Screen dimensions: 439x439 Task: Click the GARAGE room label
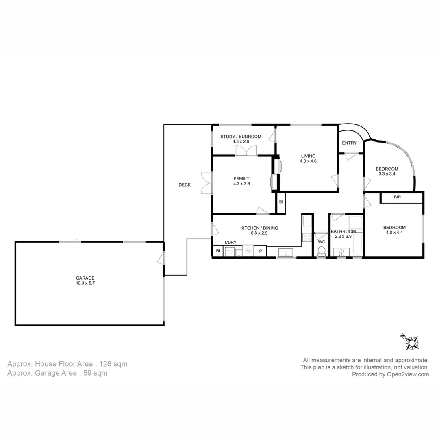[x=85, y=278]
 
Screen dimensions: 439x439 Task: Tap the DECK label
[x=185, y=185]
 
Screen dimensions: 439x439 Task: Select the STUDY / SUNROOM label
[x=241, y=137]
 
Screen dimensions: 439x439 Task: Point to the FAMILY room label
[x=241, y=178]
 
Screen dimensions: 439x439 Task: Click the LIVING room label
[x=308, y=156]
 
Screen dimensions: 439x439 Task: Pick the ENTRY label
[x=350, y=143]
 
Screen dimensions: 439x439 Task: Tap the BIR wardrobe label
[x=397, y=197]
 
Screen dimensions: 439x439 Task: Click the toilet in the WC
[x=322, y=252]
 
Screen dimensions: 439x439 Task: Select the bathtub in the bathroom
[x=357, y=244]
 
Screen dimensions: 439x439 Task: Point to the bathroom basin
[x=341, y=252]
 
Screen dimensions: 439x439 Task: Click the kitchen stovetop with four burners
[x=307, y=237]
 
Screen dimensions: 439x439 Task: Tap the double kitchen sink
[x=286, y=252]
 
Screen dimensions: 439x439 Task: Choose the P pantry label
[x=261, y=251]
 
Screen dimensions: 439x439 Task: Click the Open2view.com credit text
[x=408, y=374]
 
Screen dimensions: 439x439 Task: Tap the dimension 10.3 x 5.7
[x=85, y=283]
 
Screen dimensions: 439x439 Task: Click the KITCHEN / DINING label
[x=259, y=228]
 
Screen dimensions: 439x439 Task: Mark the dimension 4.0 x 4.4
[x=394, y=233]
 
